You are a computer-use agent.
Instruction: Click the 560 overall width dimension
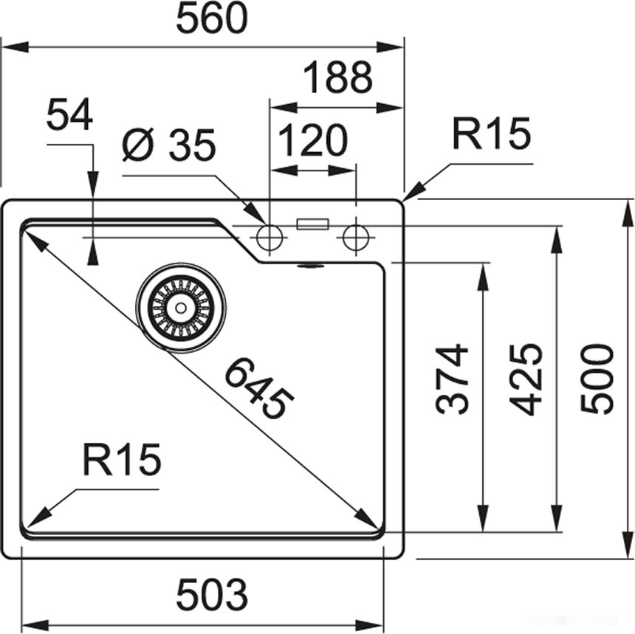pyautogui.click(x=211, y=20)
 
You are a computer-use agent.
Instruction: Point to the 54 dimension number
pyautogui.click(x=69, y=115)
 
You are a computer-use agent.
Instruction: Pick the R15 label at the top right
pyautogui.click(x=491, y=134)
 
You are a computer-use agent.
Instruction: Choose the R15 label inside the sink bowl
pyautogui.click(x=121, y=461)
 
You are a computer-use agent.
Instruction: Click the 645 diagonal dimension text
pyautogui.click(x=258, y=387)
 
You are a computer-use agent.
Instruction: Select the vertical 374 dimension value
pyautogui.click(x=452, y=379)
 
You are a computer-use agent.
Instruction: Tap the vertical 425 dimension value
pyautogui.click(x=526, y=379)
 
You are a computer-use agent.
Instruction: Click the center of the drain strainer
pyautogui.click(x=179, y=307)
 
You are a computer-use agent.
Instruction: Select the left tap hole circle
pyautogui.click(x=269, y=237)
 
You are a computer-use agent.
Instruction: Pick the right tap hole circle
pyautogui.click(x=356, y=237)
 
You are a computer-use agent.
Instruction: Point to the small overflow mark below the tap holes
pyautogui.click(x=309, y=264)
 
